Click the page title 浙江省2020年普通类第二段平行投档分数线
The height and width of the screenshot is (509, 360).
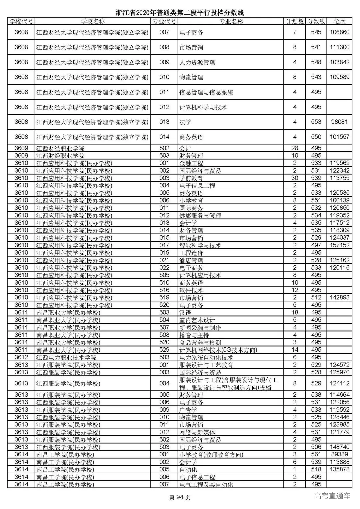(180, 13)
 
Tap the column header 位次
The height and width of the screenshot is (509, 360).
(339, 22)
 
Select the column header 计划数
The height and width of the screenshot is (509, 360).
(295, 22)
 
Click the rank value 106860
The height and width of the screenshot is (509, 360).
(339, 32)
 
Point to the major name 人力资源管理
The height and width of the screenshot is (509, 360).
(197, 62)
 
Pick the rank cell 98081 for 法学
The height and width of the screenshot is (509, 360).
(339, 122)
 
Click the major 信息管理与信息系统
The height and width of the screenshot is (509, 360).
(206, 92)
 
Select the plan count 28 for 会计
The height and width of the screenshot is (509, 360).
(295, 148)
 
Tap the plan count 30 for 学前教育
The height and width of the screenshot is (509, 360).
(295, 178)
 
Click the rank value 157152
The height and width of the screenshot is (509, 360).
(339, 245)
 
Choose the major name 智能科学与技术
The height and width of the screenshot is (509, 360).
(200, 245)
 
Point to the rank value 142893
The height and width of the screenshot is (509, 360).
(339, 298)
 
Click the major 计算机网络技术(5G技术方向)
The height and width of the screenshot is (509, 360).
(218, 350)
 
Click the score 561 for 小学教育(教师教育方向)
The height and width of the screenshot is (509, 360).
(316, 454)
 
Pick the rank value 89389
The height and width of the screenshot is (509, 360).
(339, 454)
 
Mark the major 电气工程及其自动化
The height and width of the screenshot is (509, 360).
(206, 484)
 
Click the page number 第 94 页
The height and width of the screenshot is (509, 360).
(180, 497)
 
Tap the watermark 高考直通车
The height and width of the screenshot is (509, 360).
(332, 496)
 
